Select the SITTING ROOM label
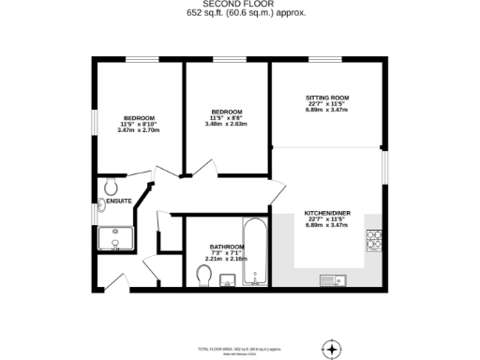326,97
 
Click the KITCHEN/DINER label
326,213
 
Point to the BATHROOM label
226,247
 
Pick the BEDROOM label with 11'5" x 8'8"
226,111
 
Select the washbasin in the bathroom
226,279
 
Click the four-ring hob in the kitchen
373,242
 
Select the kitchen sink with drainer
331,279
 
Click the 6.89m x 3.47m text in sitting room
326,110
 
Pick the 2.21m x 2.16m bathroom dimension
226,259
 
